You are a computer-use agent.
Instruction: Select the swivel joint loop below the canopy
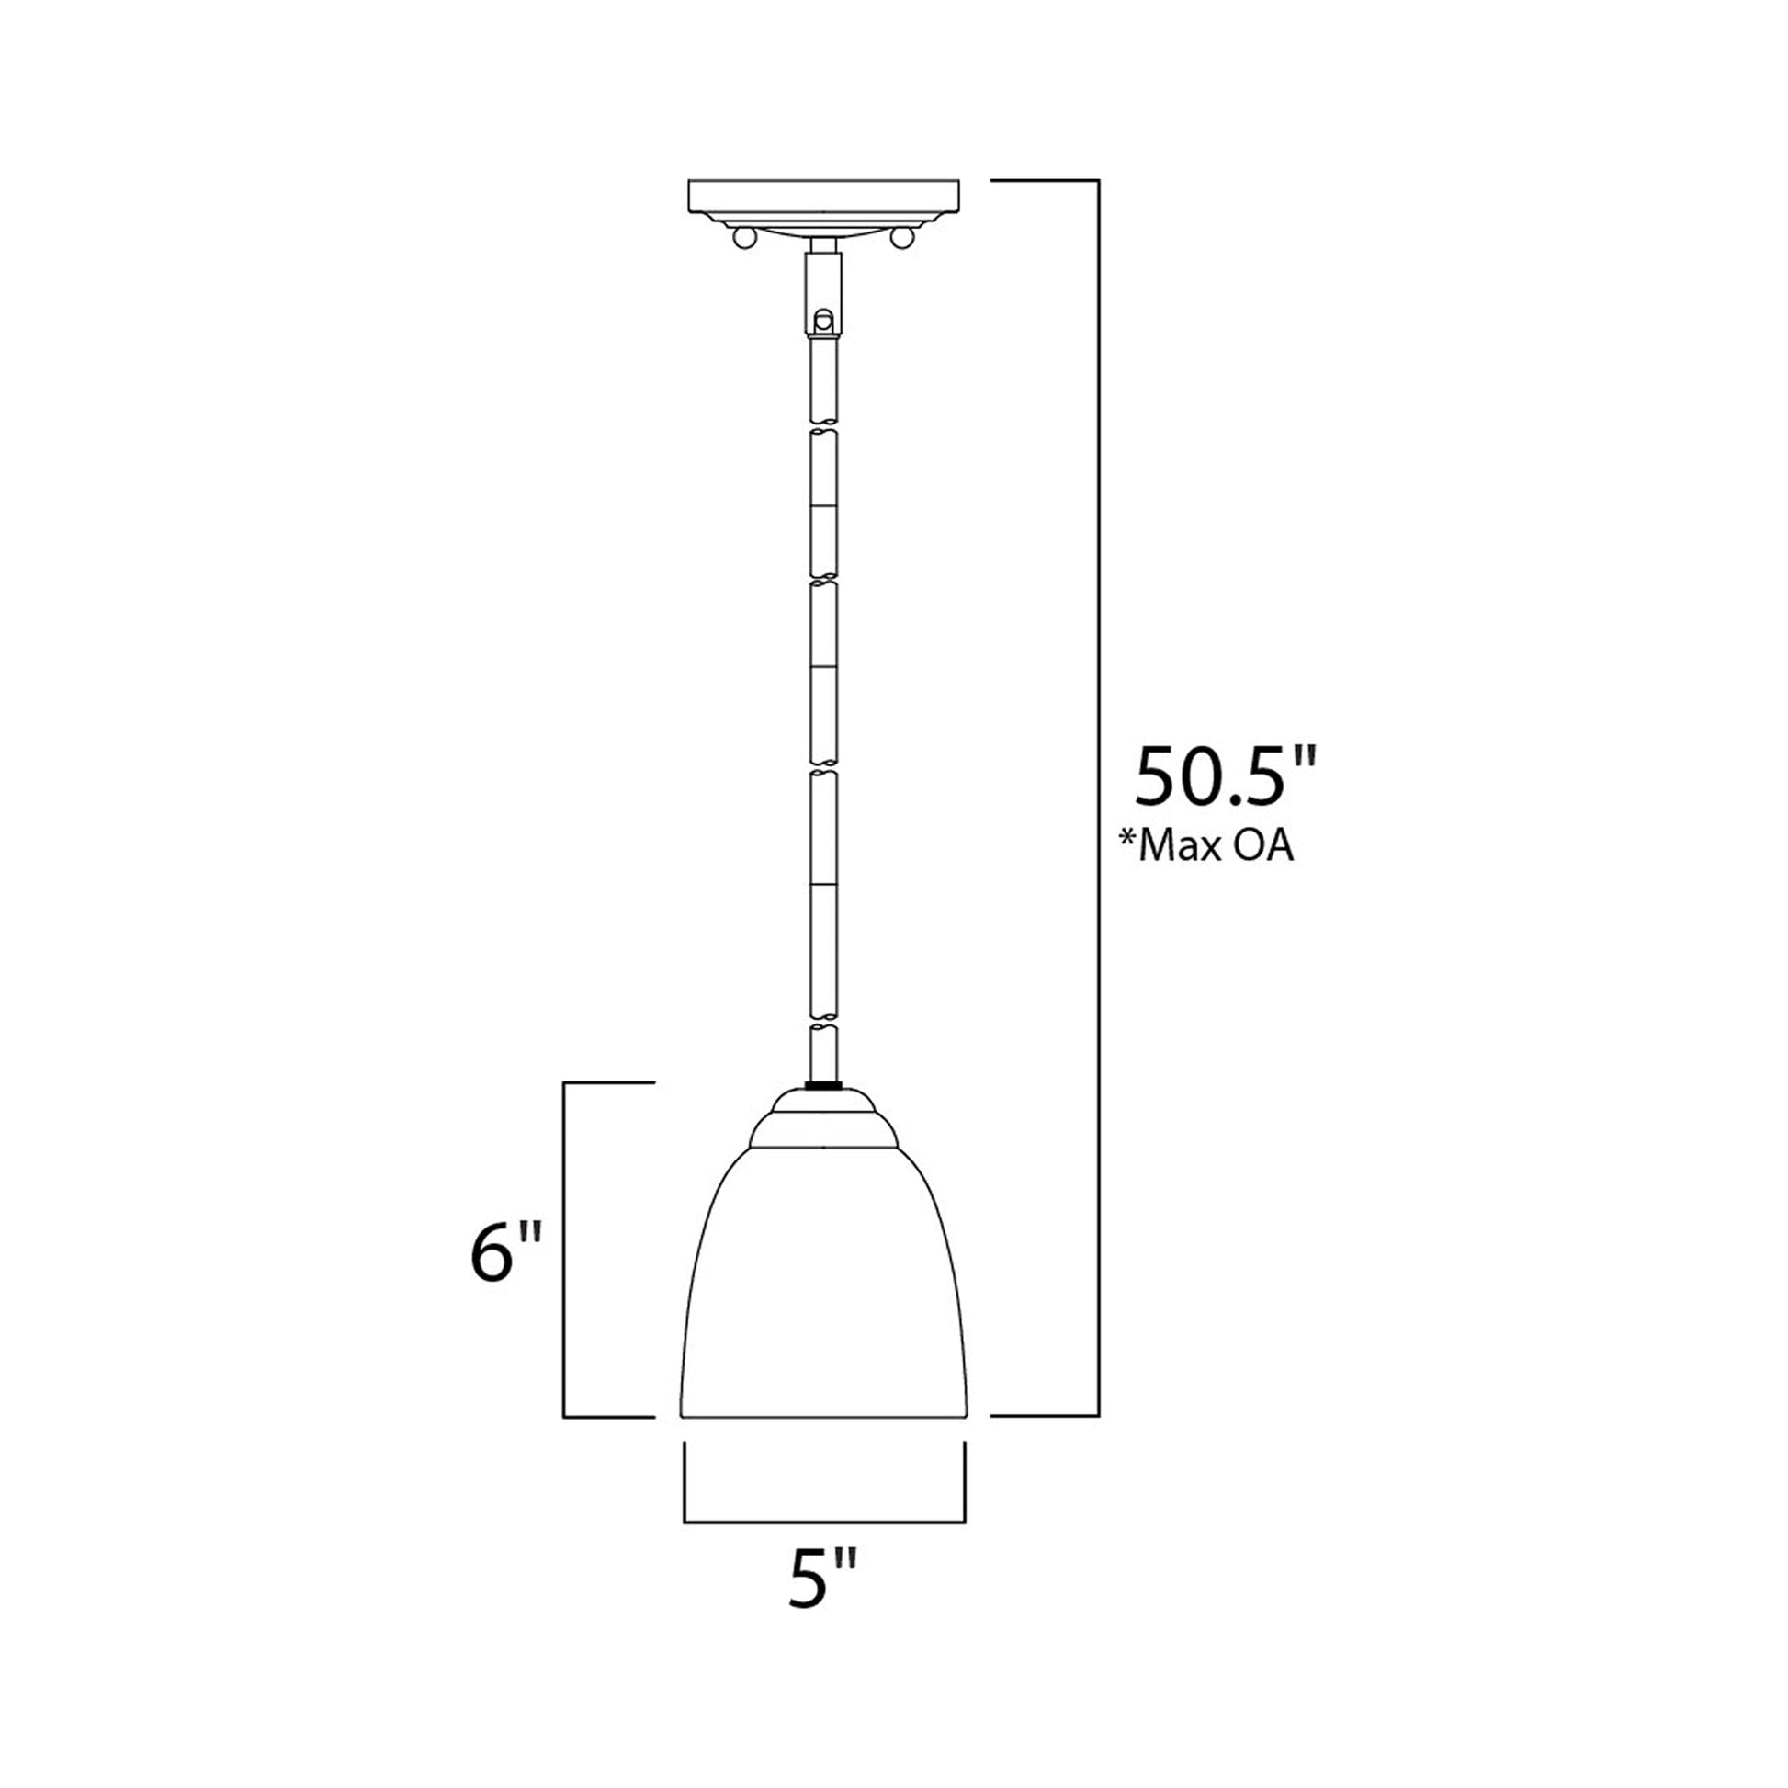[x=822, y=321]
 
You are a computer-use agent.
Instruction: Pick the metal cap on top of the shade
[x=823, y=1123]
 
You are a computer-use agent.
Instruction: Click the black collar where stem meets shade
[x=822, y=1083]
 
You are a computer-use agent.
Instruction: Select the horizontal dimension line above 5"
[x=823, y=1522]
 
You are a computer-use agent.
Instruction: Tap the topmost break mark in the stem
[x=822, y=426]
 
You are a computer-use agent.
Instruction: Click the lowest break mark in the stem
[x=822, y=1025]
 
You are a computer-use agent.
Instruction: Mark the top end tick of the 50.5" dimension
[x=1046, y=180]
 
